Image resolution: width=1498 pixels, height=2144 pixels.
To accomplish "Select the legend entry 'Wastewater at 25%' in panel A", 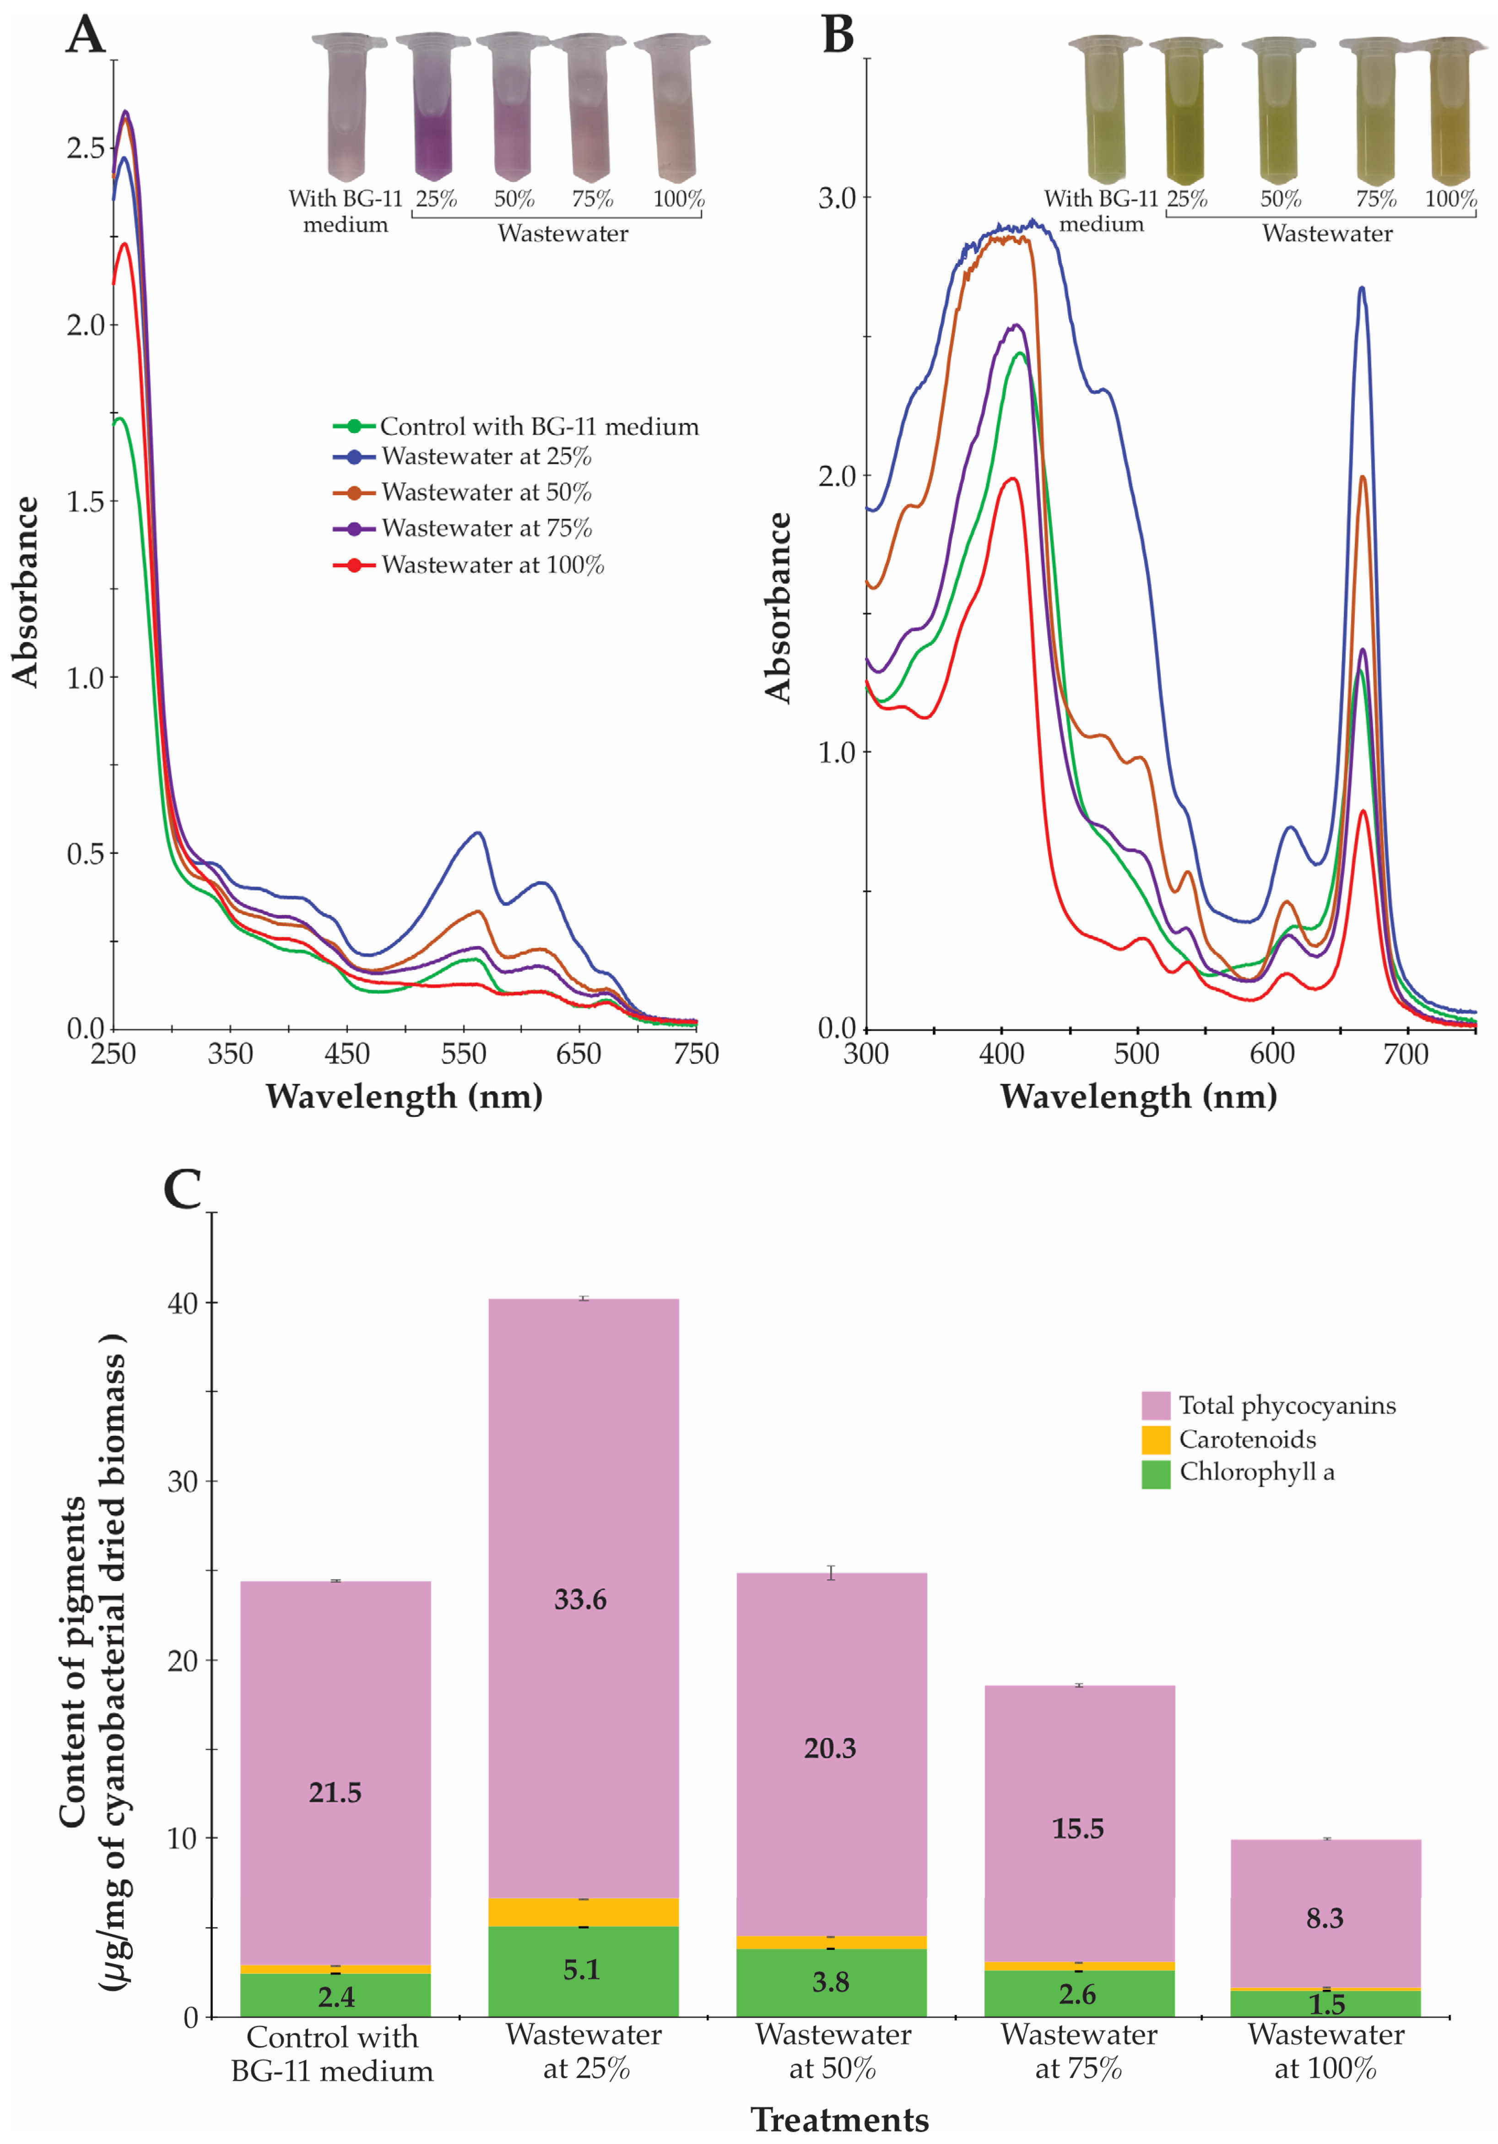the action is click(x=462, y=457).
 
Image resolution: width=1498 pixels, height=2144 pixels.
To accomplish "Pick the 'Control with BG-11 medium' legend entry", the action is click(x=515, y=427).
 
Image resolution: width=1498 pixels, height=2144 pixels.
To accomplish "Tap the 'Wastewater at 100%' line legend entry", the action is click(x=469, y=565).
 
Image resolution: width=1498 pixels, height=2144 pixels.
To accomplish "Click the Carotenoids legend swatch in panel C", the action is click(x=1155, y=1439).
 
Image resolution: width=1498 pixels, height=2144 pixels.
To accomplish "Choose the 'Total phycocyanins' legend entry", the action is click(x=1268, y=1405).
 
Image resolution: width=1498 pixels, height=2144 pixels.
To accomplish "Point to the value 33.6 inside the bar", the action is click(x=580, y=1600).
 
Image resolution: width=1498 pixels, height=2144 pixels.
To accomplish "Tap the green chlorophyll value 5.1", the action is click(x=581, y=1971).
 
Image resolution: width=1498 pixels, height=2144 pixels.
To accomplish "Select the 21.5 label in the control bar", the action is click(x=335, y=1793).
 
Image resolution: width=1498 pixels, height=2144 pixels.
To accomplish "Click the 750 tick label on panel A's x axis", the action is click(x=696, y=1054).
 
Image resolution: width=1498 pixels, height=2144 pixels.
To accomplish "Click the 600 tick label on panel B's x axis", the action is click(x=1272, y=1054).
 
